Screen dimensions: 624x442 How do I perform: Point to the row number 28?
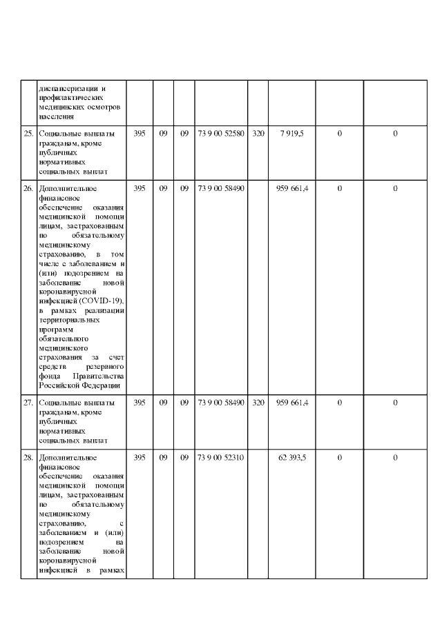(x=28, y=458)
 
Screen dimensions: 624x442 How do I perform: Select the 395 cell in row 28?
(x=139, y=458)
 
